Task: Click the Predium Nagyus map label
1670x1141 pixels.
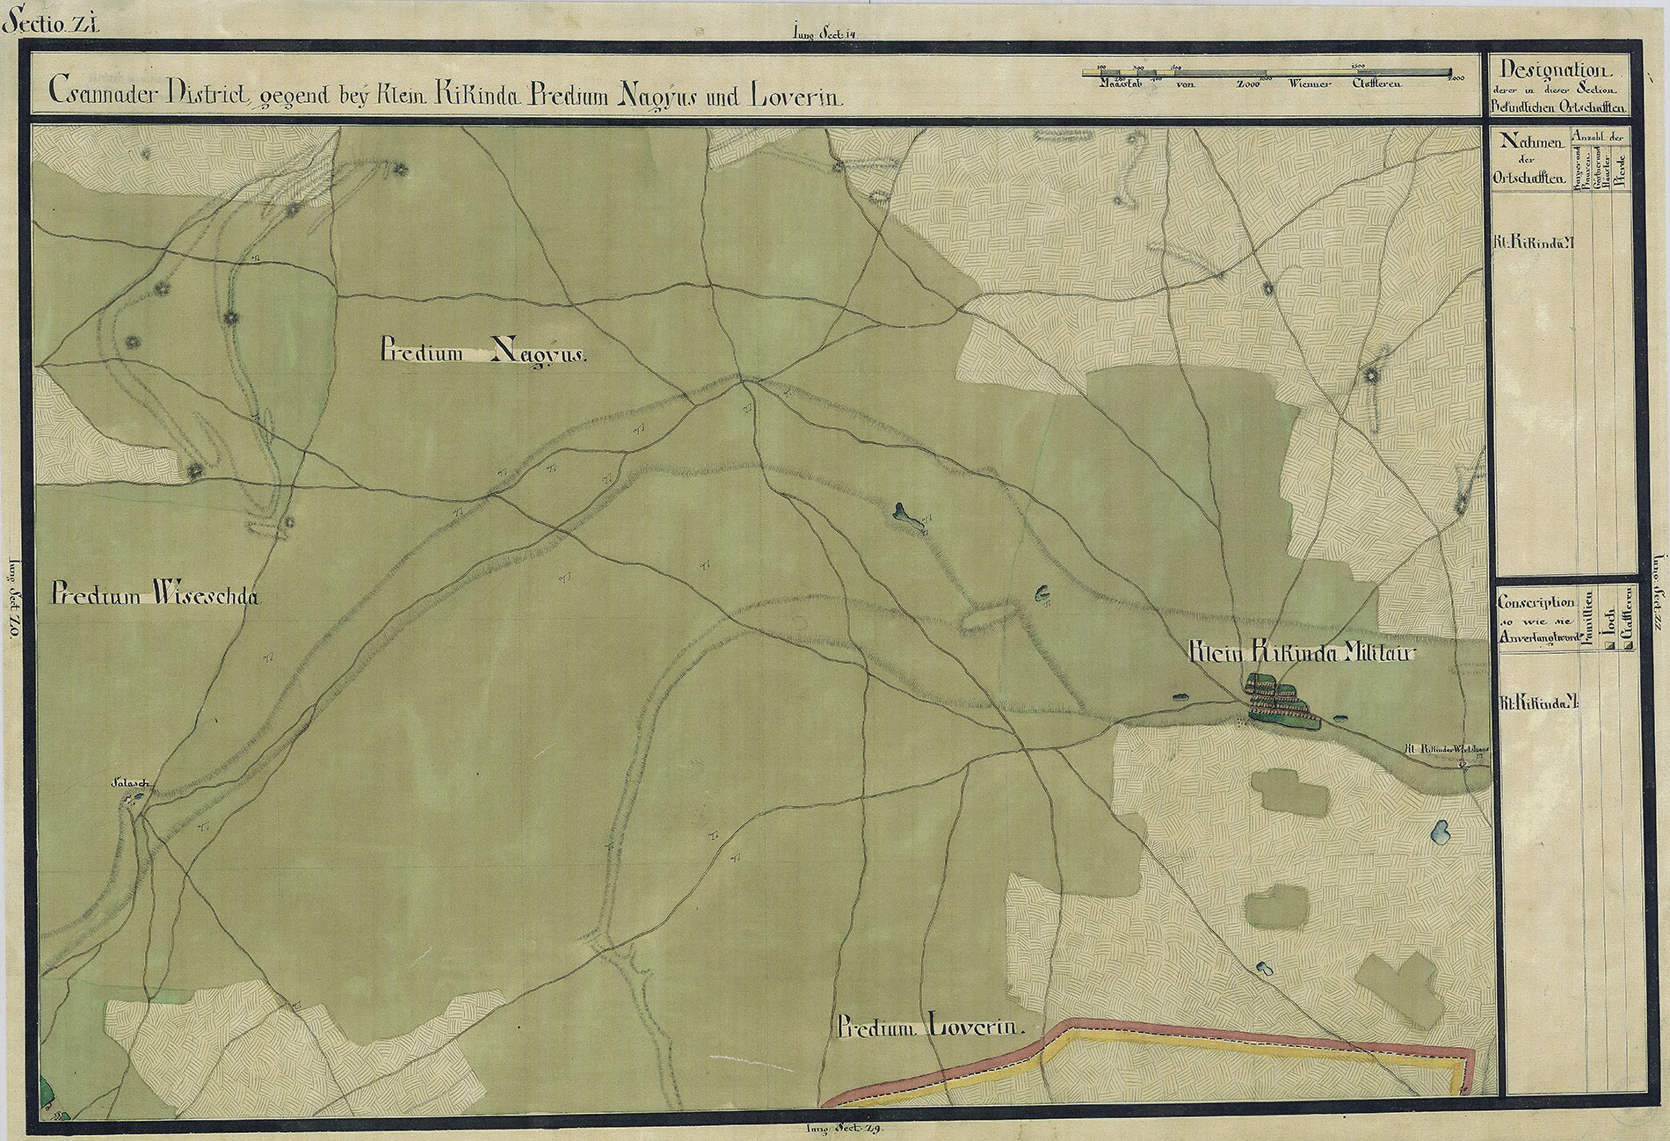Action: [483, 352]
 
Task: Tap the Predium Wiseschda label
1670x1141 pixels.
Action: [155, 595]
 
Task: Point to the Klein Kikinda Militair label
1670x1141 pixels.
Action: [1302, 652]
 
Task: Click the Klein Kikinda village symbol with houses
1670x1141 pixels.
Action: [1279, 700]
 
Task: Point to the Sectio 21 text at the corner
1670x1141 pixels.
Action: [51, 24]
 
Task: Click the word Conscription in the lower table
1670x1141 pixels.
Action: [1536, 602]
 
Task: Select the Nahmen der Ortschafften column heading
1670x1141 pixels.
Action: [1528, 158]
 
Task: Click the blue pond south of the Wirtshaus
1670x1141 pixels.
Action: [1441, 831]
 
